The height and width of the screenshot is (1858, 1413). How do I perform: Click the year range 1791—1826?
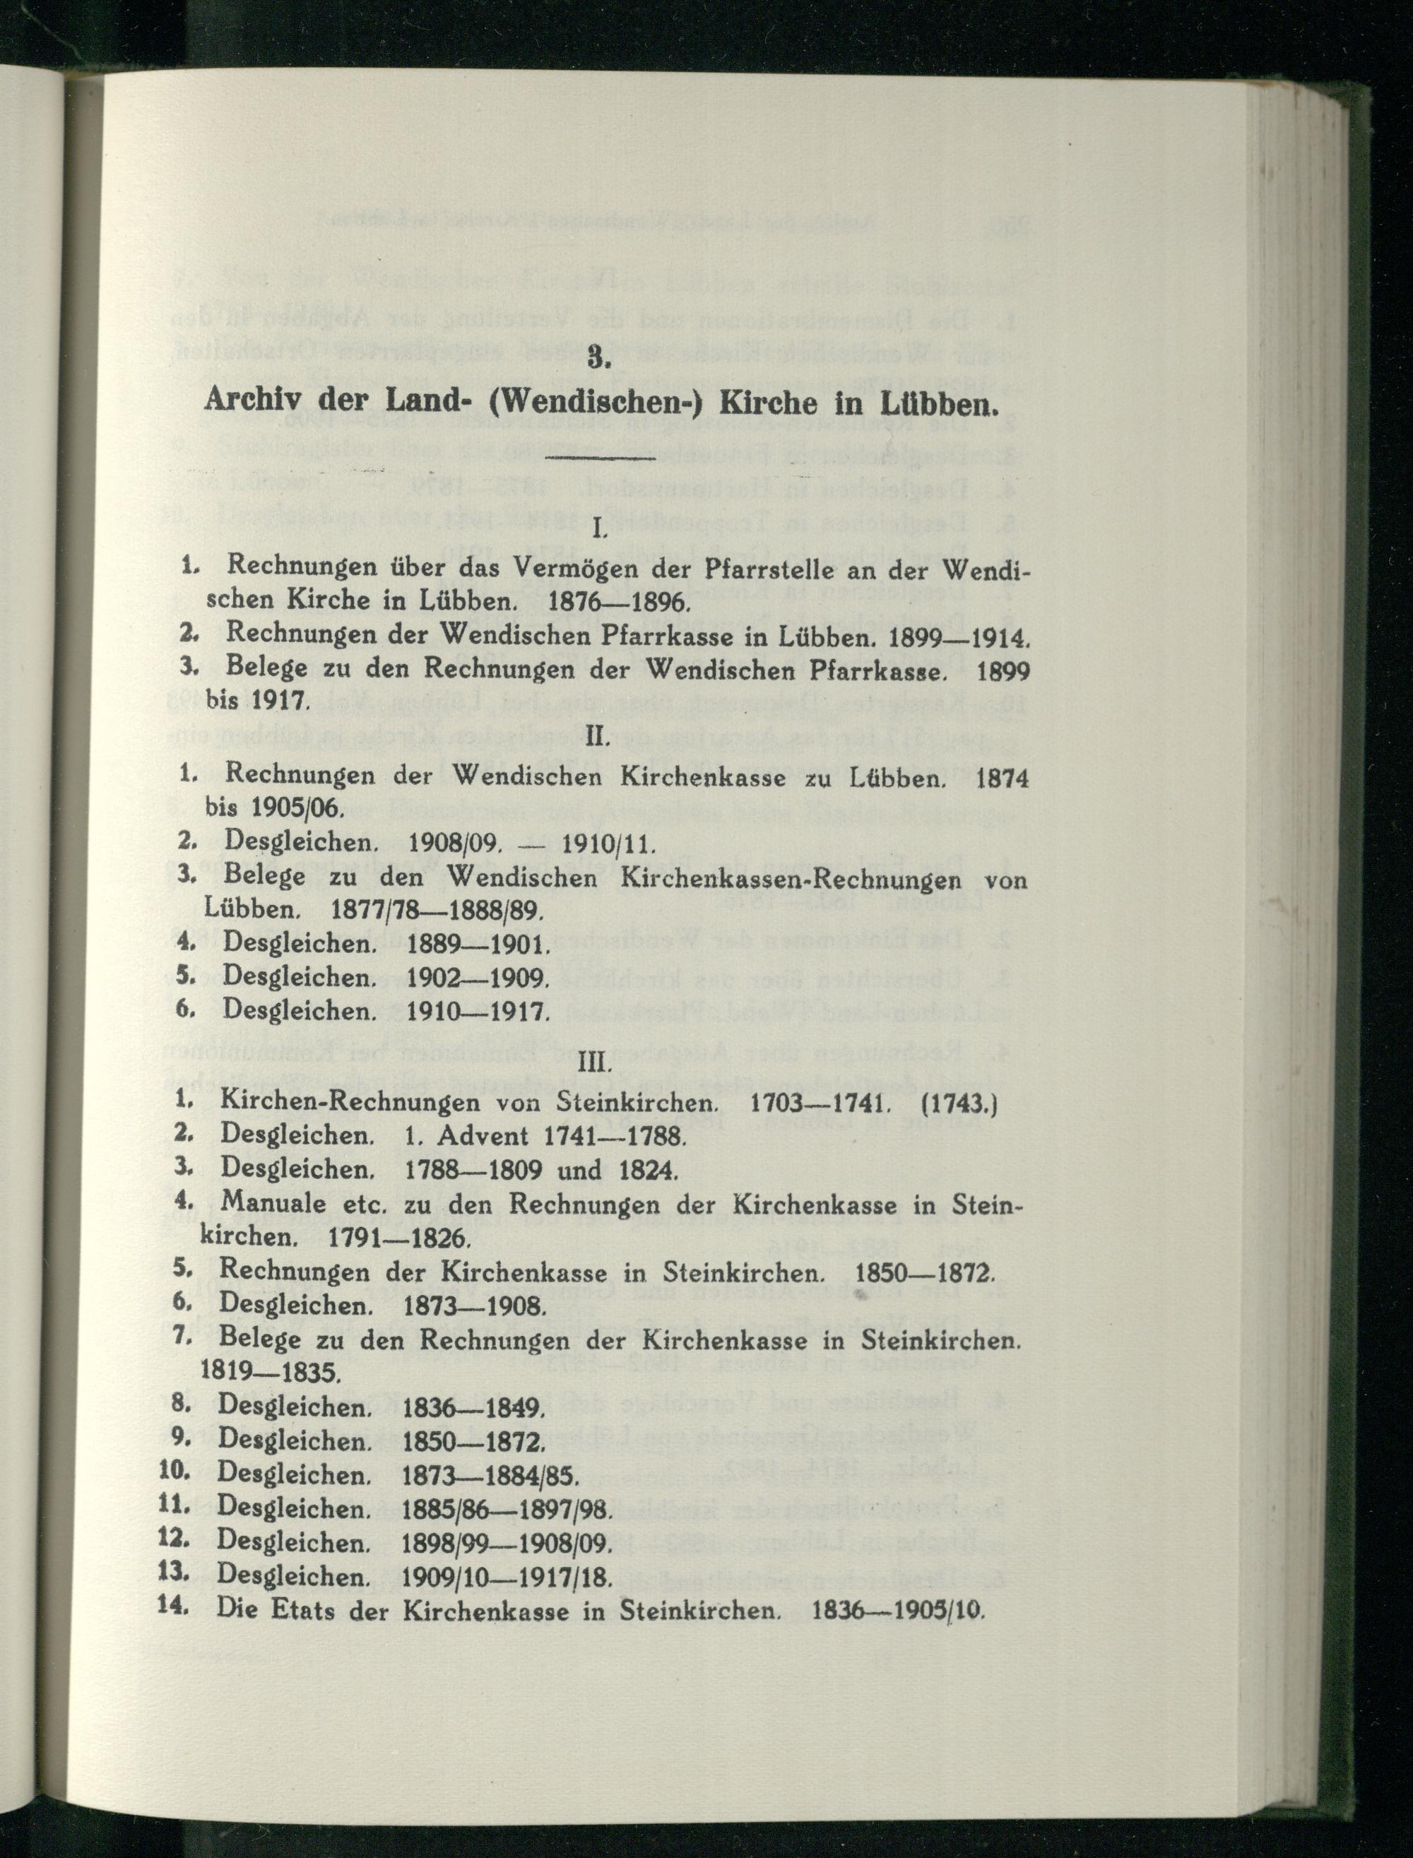[398, 1239]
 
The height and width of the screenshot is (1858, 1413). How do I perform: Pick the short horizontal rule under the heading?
[600, 458]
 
